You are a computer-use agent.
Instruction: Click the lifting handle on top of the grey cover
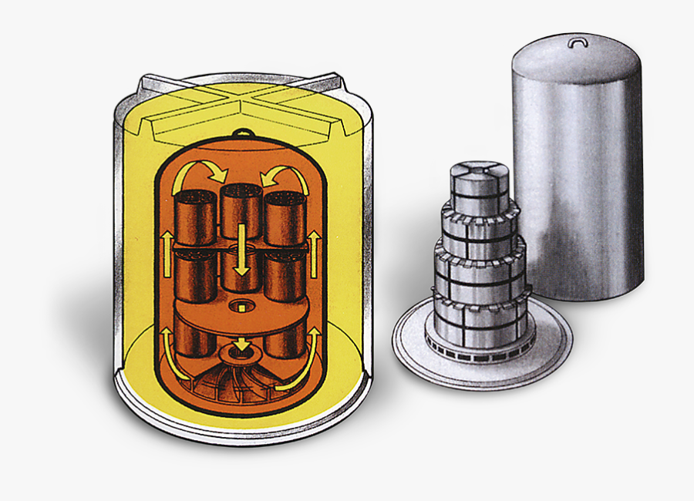[578, 42]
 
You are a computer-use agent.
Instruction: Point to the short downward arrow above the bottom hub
[242, 342]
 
